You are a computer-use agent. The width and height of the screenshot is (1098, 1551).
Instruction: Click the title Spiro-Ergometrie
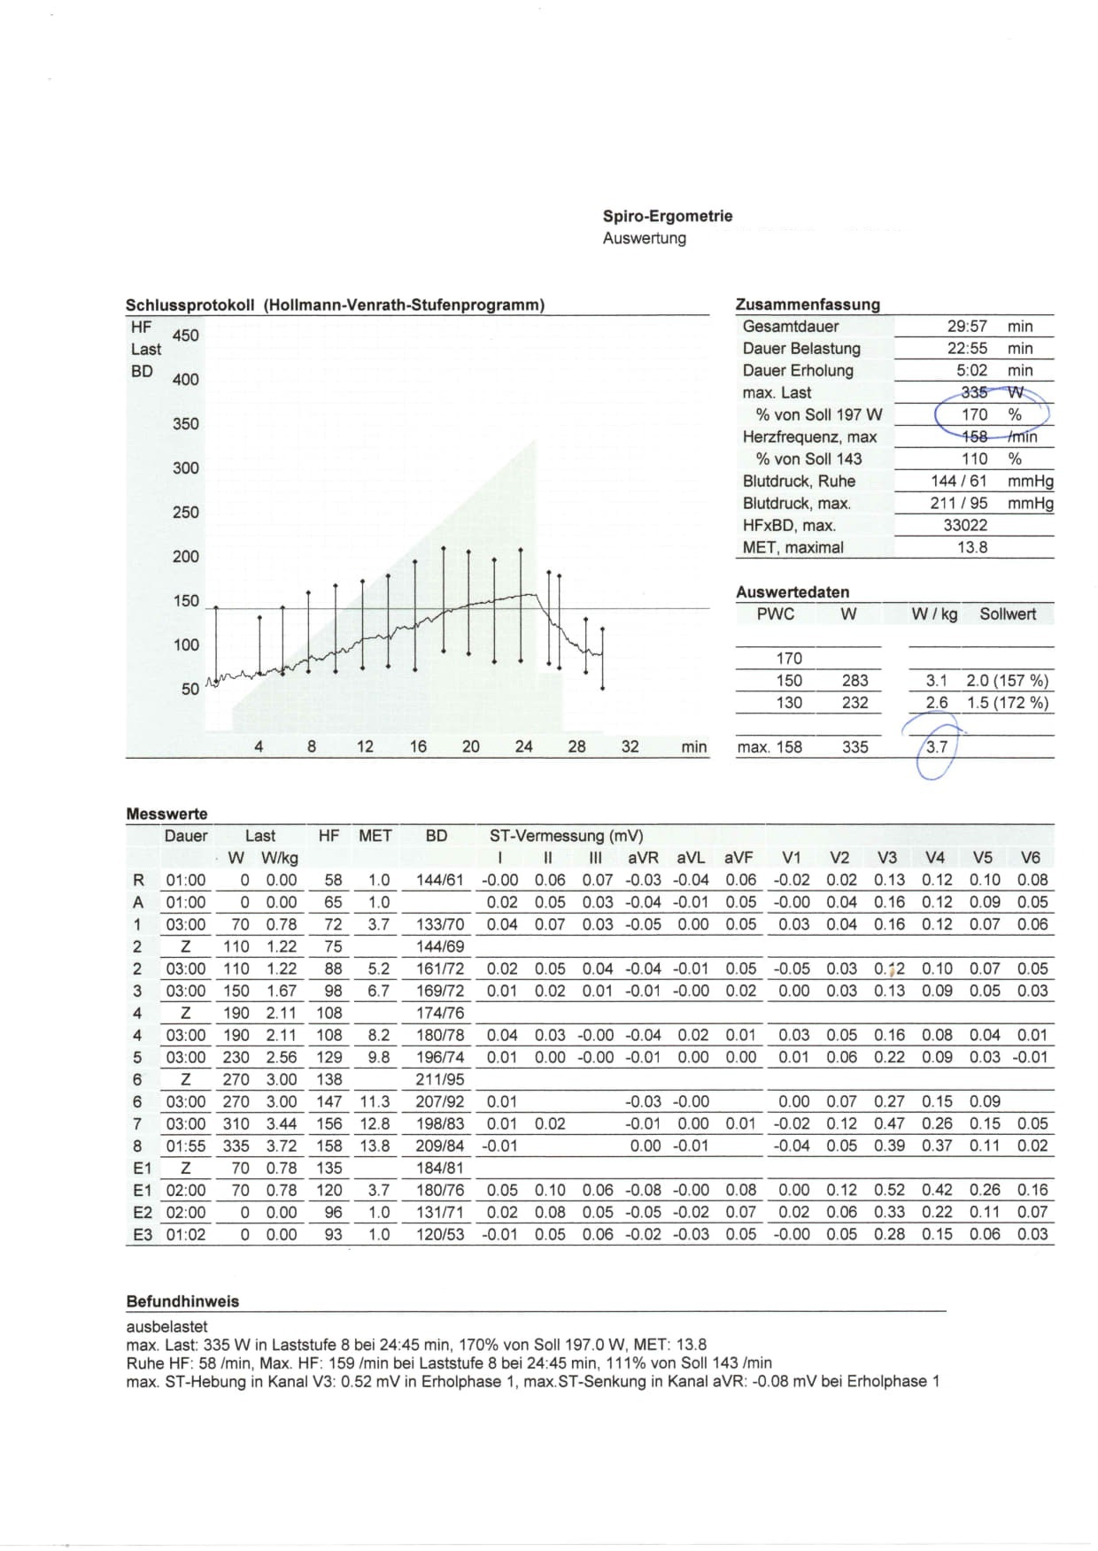pos(667,216)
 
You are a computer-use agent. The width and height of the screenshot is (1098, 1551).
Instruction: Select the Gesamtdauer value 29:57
pos(967,327)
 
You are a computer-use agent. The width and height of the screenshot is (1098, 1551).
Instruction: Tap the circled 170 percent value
pos(974,414)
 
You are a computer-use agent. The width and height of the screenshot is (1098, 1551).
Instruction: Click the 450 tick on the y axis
pos(186,336)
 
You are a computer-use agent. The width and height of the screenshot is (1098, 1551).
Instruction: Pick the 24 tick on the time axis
pos(523,746)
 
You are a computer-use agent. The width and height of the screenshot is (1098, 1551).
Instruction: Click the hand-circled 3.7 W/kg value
pos(937,746)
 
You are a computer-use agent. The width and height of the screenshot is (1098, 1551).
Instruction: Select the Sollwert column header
pos(1007,613)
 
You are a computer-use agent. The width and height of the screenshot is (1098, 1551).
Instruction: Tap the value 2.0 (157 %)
pos(1007,681)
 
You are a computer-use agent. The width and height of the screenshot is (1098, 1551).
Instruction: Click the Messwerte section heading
pos(166,814)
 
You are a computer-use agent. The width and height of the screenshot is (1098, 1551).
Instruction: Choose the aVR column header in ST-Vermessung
pos(643,858)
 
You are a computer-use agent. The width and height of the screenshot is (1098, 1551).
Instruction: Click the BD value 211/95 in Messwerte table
pos(440,1079)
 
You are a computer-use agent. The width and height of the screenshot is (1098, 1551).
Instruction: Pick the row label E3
pos(142,1234)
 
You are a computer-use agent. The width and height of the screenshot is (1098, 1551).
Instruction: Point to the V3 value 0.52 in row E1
pos(889,1190)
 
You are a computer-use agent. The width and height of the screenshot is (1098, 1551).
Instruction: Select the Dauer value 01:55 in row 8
pos(186,1146)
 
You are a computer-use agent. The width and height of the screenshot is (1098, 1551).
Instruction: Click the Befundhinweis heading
pos(182,1301)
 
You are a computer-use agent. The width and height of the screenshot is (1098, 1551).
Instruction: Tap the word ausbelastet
pos(166,1326)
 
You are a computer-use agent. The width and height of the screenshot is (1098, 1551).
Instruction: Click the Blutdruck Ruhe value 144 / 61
pos(958,481)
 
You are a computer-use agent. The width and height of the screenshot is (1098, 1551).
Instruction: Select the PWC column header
pos(775,613)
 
